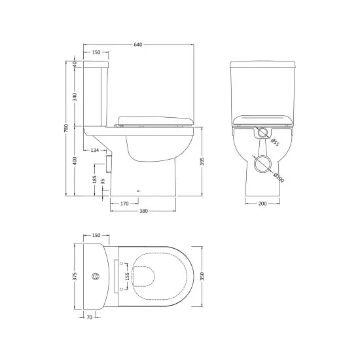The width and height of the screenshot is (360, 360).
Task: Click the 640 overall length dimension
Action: (x=138, y=45)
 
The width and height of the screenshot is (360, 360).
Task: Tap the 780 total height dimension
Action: (x=66, y=128)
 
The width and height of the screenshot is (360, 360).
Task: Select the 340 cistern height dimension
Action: (x=75, y=97)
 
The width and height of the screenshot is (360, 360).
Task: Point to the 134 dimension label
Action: (x=95, y=150)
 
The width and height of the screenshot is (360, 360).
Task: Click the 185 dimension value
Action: (x=95, y=179)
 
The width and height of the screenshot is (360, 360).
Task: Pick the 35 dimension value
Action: (x=103, y=181)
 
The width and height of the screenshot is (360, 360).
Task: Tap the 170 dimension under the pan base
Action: (x=124, y=204)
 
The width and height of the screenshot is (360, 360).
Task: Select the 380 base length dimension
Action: (x=143, y=211)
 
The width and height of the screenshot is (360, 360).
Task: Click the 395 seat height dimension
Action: (x=202, y=162)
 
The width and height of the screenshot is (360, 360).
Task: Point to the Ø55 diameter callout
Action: (x=275, y=142)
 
